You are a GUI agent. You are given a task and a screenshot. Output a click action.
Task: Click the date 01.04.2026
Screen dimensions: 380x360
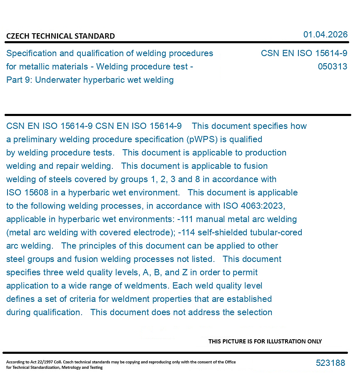tap(325, 35)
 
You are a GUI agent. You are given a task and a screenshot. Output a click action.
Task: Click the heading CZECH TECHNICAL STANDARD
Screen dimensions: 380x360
tap(60, 36)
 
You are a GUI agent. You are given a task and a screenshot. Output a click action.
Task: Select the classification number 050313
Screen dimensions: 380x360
tap(332, 67)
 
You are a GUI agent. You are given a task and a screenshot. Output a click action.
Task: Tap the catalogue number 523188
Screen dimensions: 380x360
tap(330, 363)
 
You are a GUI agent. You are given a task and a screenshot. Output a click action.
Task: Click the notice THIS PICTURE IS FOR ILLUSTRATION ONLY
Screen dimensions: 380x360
tap(265, 341)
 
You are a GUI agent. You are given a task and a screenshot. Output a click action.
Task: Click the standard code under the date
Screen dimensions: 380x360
tap(304, 54)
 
